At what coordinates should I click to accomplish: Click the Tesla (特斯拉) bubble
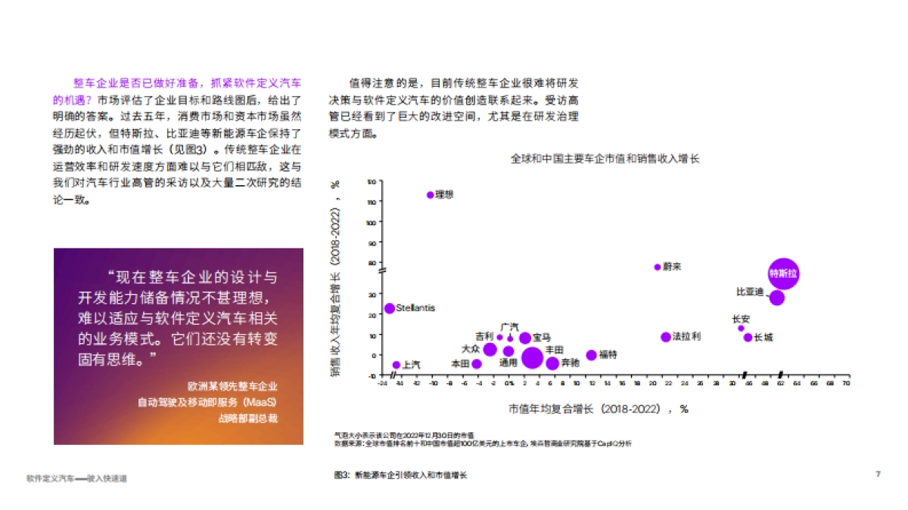point(783,274)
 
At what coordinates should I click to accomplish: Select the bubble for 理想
point(431,195)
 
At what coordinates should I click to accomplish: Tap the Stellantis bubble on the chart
point(390,308)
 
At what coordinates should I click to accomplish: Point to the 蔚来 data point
point(658,267)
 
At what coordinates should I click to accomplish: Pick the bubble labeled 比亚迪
point(777,297)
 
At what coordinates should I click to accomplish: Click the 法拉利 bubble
point(666,337)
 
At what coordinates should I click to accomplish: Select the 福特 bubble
point(592,355)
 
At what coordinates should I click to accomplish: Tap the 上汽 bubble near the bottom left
point(396,365)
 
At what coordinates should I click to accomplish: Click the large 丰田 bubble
point(533,358)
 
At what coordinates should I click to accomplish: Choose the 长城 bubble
point(748,338)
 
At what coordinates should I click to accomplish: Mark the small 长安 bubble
point(741,328)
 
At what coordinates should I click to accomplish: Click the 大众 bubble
point(490,349)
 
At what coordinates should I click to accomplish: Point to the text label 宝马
point(542,337)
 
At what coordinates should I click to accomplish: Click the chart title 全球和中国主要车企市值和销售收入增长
point(605,159)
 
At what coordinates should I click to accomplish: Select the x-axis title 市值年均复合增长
point(598,409)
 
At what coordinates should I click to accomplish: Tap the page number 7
point(878,474)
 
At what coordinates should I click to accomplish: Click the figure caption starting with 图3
point(401,475)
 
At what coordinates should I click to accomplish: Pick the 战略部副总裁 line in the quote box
point(248,419)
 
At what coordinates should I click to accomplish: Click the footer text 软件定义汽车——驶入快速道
point(76,478)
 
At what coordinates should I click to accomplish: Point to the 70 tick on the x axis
point(847,384)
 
